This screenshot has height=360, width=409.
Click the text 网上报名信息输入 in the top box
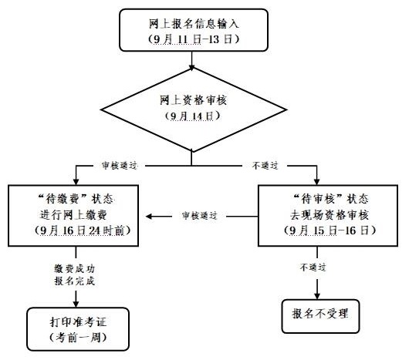(x=194, y=24)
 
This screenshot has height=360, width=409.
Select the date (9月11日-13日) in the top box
(x=194, y=39)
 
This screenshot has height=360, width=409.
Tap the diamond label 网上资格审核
(x=193, y=100)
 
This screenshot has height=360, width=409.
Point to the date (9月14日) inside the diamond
(x=193, y=116)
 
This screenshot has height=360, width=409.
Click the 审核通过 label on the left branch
(x=120, y=166)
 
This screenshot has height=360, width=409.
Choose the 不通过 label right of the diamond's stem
(x=265, y=166)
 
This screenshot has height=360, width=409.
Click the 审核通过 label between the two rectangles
(x=200, y=216)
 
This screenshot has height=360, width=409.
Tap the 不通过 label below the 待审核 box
(x=313, y=267)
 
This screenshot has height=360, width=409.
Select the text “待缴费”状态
(x=76, y=200)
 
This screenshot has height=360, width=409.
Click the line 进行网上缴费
(x=73, y=215)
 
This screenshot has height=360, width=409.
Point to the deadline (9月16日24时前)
(x=83, y=230)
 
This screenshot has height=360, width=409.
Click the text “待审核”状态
(x=330, y=200)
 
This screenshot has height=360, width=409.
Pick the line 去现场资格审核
(x=330, y=215)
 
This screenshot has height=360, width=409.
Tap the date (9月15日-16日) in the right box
(x=330, y=230)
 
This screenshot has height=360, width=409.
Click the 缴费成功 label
(x=75, y=268)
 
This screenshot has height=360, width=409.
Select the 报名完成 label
(x=75, y=281)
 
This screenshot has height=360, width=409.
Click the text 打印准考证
(x=78, y=322)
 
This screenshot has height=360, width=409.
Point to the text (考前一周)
(x=78, y=338)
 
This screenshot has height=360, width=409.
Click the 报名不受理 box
(x=320, y=317)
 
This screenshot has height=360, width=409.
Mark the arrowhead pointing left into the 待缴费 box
(x=149, y=216)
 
